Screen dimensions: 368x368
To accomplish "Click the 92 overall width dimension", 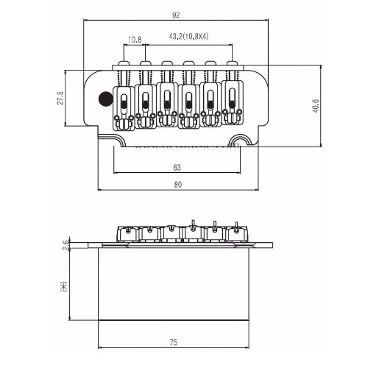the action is (x=176, y=15).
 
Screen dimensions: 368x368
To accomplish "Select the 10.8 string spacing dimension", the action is (x=135, y=40).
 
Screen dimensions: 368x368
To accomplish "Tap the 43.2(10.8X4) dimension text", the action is (x=188, y=37).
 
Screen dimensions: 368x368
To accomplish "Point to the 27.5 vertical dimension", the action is (x=60, y=98).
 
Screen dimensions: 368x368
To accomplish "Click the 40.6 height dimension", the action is (x=315, y=106).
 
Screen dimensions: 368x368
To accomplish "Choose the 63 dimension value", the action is (x=177, y=168).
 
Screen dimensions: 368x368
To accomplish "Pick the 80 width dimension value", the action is (x=178, y=185).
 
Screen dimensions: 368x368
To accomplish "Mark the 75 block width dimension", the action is (x=173, y=342).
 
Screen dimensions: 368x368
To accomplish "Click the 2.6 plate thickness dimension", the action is (x=66, y=245).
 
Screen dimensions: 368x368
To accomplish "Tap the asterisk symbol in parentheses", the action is (x=63, y=286).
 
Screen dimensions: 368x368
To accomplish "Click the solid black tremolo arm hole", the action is (x=105, y=99).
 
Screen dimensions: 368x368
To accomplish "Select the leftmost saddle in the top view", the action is (x=124, y=108).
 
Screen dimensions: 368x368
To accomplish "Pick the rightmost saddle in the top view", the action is (x=233, y=102).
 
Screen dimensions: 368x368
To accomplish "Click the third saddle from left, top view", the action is (x=167, y=105).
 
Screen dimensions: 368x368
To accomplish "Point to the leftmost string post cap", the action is (x=124, y=63).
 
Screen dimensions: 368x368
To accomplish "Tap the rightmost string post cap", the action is (x=232, y=63).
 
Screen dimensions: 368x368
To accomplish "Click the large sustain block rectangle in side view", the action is (x=174, y=284).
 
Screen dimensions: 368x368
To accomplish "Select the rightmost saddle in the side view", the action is (x=237, y=233).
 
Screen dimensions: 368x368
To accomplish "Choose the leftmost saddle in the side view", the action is (x=127, y=233).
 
